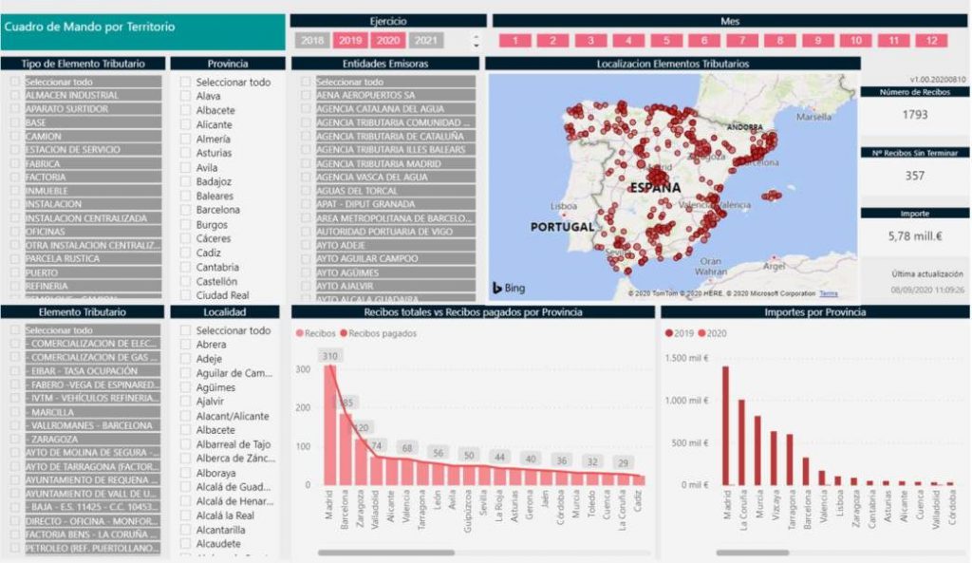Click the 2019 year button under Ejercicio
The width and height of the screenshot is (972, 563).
[350, 40]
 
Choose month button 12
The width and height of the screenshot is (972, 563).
[931, 41]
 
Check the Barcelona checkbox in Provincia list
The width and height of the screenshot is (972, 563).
[186, 210]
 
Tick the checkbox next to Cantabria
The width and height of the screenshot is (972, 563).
[186, 267]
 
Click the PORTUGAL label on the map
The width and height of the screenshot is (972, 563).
[562, 227]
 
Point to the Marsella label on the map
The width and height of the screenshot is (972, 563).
[813, 118]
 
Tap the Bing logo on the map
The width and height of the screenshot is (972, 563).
[509, 288]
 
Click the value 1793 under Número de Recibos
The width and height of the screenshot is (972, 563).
[915, 115]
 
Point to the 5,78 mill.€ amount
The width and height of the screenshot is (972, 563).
[915, 235]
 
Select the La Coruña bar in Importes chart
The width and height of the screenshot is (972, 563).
[741, 441]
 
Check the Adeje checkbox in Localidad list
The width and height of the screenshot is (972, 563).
[186, 359]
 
